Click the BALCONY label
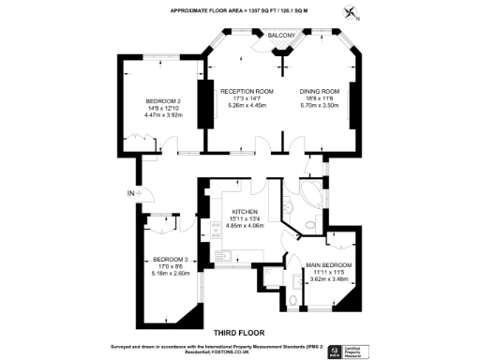(283, 36)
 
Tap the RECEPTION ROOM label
(246, 91)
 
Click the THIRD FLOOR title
(239, 333)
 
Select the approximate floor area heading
(240, 10)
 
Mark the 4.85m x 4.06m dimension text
(244, 226)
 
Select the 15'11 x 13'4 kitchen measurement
(244, 219)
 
